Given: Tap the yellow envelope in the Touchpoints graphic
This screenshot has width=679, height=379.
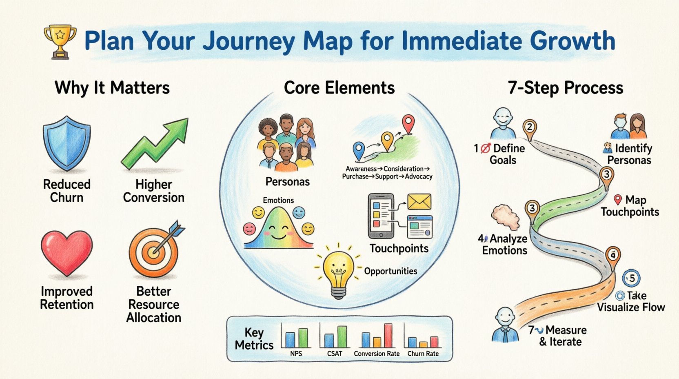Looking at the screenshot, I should tap(419, 202).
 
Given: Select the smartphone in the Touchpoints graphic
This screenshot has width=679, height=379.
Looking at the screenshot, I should tap(381, 216).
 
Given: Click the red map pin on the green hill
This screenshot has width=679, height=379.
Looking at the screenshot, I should tap(408, 124).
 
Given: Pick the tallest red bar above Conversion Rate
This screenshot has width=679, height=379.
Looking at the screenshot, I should tap(388, 335).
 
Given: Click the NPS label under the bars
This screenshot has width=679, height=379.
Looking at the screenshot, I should tap(296, 354).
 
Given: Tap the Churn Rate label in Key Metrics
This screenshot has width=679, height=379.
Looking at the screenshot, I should tap(423, 354).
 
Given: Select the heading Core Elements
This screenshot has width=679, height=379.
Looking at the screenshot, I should tap(339, 88).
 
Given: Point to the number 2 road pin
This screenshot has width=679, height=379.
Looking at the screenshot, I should tap(529, 127).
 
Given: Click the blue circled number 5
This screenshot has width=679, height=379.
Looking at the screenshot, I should tap(631, 279).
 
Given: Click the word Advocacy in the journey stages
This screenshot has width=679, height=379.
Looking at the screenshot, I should tap(419, 176).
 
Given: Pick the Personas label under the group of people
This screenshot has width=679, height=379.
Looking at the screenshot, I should tap(287, 182).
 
